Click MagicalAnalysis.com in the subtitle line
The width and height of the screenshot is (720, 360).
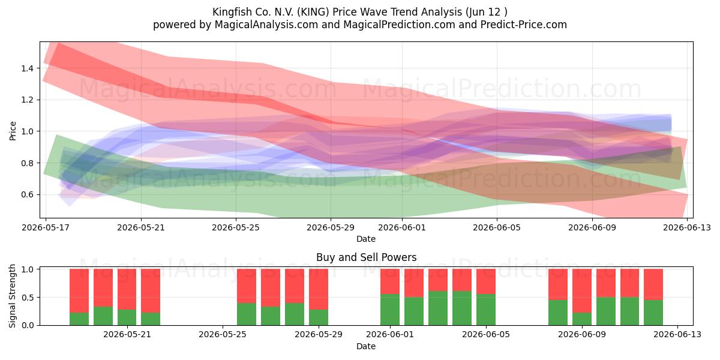click(x=266, y=25)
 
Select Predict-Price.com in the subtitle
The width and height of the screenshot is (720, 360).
click(x=524, y=25)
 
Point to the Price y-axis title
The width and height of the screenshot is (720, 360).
click(x=13, y=131)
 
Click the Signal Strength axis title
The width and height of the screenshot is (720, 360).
click(x=12, y=296)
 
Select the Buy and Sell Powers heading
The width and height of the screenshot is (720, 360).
click(x=366, y=257)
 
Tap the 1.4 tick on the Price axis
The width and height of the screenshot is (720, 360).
click(x=27, y=68)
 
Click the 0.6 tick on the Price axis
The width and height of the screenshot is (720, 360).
click(x=27, y=194)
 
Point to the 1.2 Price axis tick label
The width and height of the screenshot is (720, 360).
click(x=27, y=100)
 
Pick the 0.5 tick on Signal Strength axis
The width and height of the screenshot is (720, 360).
click(x=27, y=298)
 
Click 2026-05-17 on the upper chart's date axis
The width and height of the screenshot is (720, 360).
click(x=46, y=227)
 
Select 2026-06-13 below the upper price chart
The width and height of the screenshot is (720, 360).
click(x=687, y=227)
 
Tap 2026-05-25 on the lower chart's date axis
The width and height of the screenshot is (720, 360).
click(x=223, y=335)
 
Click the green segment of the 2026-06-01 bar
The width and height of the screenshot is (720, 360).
click(x=390, y=310)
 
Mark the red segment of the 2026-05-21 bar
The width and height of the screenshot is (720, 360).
click(x=127, y=289)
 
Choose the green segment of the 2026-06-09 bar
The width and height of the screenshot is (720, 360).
click(x=582, y=319)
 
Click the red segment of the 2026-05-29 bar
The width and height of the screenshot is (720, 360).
click(x=319, y=289)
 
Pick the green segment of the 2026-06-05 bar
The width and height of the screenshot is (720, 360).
click(x=485, y=310)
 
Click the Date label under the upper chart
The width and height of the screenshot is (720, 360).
click(x=366, y=239)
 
